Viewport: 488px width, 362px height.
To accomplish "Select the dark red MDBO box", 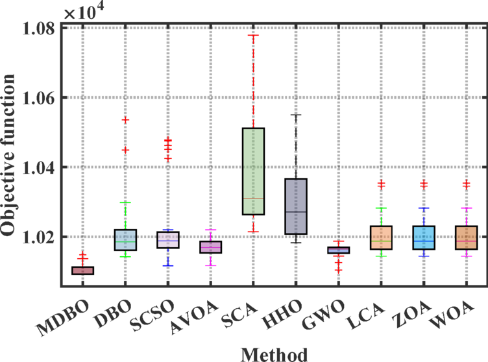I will point(83,271).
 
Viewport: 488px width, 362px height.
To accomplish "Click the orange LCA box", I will point(380,237).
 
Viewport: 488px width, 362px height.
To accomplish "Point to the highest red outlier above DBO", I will point(125,120).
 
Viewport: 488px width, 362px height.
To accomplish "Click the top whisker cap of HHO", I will point(295,115).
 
